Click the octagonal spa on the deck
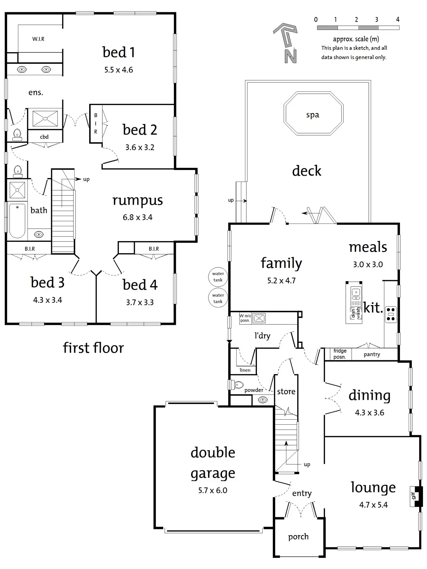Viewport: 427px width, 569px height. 313,114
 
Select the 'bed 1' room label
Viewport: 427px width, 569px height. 119,52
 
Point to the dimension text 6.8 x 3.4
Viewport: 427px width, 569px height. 138,217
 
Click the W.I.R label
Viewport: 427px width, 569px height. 38,39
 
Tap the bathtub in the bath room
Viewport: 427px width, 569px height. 17,220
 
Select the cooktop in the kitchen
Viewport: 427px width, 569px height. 391,314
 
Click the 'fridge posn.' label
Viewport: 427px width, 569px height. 340,354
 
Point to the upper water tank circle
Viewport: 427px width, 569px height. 218,277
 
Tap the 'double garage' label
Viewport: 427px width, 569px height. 213,463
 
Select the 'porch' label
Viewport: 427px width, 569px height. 298,537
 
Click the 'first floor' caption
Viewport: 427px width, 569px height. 94,348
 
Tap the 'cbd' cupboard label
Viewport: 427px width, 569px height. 44,137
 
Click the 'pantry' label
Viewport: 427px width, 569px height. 372,354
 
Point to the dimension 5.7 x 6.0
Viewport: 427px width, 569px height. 213,490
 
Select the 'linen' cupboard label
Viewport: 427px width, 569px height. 245,370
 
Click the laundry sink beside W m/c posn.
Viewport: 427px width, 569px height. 259,318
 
